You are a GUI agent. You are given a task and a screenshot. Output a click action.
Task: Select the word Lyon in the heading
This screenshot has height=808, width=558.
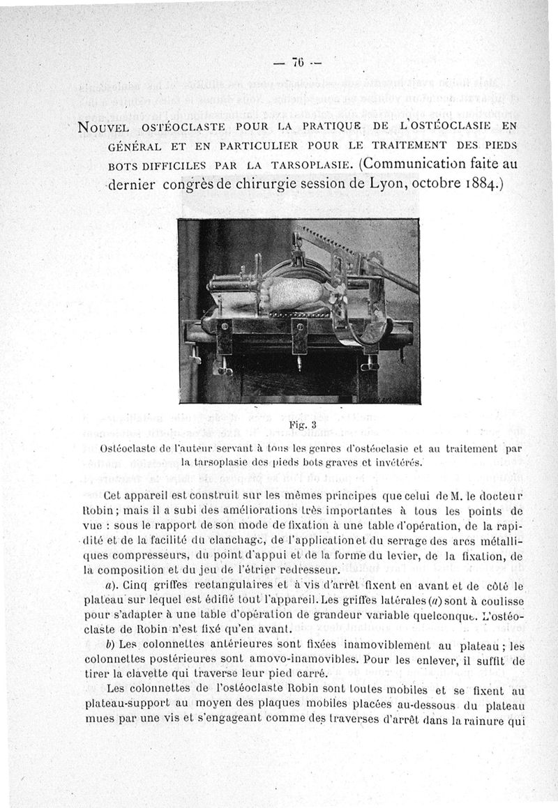point(384,186)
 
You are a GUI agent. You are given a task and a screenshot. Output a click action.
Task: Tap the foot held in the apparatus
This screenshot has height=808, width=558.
point(294,293)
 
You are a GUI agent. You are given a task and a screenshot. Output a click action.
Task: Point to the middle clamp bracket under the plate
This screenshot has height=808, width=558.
point(300,338)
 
